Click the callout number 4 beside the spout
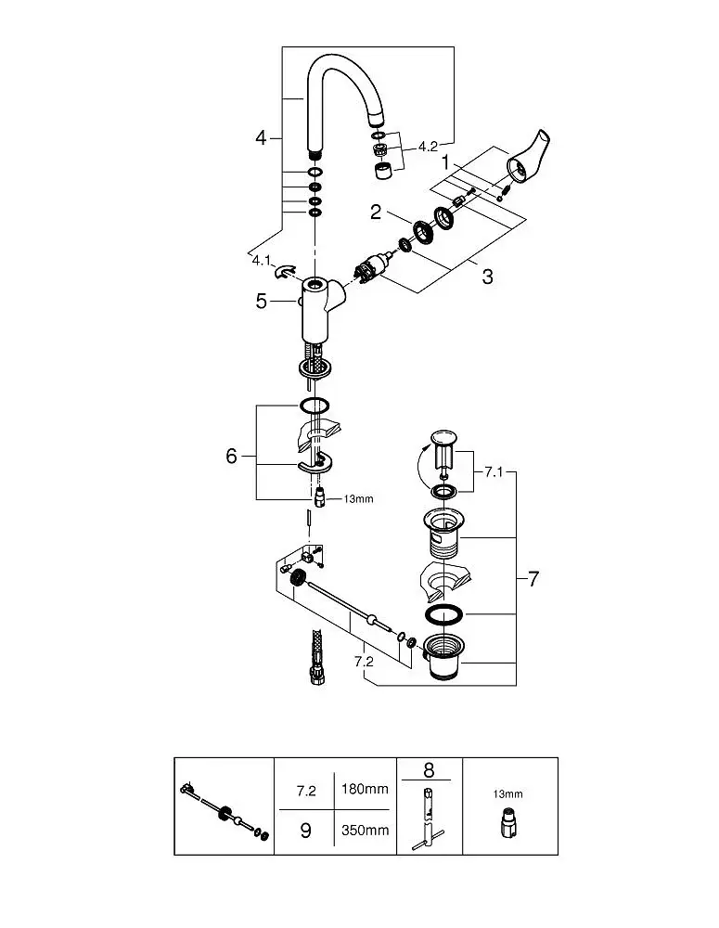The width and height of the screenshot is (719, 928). [x=261, y=138]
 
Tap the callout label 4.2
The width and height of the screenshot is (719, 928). [x=428, y=147]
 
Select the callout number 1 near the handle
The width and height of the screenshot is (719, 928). [x=445, y=162]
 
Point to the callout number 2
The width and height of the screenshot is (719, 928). [x=376, y=212]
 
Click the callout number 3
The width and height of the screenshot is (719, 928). [x=488, y=277]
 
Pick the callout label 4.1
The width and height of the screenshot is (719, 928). [x=262, y=261]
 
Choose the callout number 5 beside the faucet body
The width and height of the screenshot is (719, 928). [x=262, y=302]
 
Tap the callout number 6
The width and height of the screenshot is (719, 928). [x=231, y=456]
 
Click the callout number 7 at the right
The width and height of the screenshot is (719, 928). [x=533, y=578]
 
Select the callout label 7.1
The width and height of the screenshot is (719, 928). [x=494, y=472]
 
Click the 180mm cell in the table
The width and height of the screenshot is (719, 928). [x=365, y=789]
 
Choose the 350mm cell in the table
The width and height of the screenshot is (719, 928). [x=365, y=830]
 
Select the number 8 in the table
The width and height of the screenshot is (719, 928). [x=429, y=770]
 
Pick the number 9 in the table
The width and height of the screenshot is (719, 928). [x=305, y=831]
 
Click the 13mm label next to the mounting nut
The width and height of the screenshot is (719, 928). [x=359, y=499]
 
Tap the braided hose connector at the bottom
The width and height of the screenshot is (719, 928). [x=316, y=658]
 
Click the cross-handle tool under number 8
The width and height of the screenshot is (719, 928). [x=428, y=818]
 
